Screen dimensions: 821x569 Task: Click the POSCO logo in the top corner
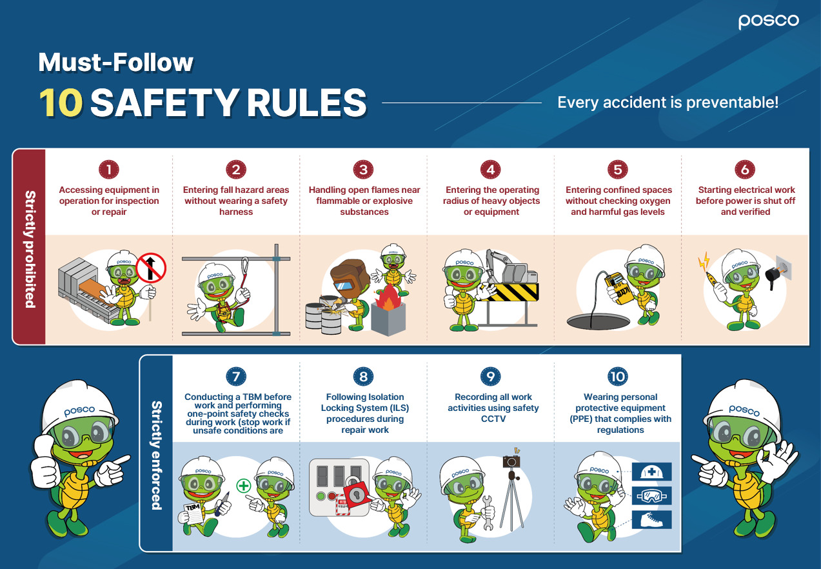[x=769, y=22]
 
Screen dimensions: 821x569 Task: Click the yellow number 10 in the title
[x=61, y=103]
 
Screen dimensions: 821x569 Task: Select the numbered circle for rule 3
[x=363, y=170]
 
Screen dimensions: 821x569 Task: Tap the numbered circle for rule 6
[x=745, y=170]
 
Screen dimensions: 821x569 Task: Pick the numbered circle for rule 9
[x=490, y=376]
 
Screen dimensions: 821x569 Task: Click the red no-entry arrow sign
[x=151, y=268]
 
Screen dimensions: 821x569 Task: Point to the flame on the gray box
[x=388, y=297]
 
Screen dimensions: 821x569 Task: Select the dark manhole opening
[x=598, y=322]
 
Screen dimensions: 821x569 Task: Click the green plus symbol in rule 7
[x=243, y=486]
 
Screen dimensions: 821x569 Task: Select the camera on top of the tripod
[x=511, y=461]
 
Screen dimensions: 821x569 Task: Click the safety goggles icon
[x=651, y=496]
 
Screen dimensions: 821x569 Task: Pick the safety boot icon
[x=651, y=520]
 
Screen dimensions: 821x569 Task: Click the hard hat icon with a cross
[x=651, y=472]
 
